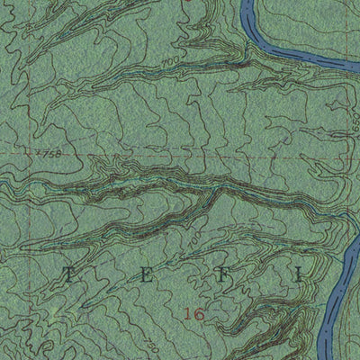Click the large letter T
69,275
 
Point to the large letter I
298,276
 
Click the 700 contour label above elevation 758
167,61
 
